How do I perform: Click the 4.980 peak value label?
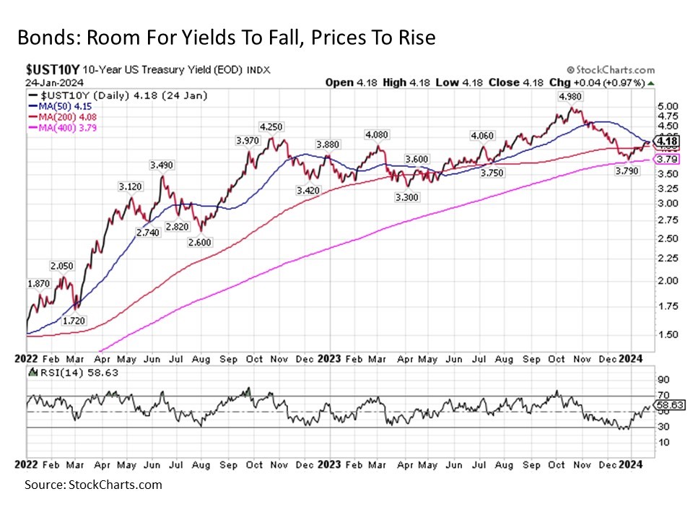pyautogui.click(x=570, y=96)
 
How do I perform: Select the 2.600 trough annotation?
pyautogui.click(x=199, y=243)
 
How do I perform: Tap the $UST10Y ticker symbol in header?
pyautogui.click(x=51, y=70)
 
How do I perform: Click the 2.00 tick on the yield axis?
pyautogui.click(x=668, y=280)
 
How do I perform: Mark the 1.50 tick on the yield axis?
pyautogui.click(x=668, y=334)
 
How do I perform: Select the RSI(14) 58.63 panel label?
pyautogui.click(x=72, y=373)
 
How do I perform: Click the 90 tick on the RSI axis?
pyautogui.click(x=663, y=379)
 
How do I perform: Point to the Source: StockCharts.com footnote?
pyautogui.click(x=93, y=485)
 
